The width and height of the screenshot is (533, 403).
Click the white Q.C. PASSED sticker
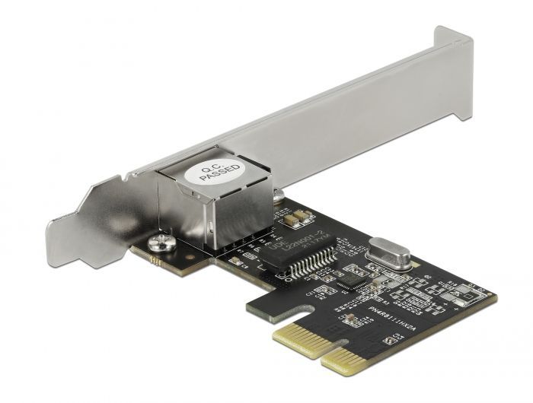(219, 170)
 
